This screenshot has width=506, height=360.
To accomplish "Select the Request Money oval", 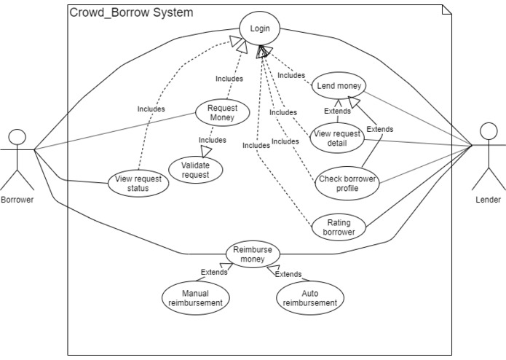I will pyautogui.click(x=222, y=112).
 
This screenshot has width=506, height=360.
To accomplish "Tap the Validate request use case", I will pyautogui.click(x=194, y=170).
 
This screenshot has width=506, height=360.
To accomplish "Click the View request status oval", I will pyautogui.click(x=139, y=183).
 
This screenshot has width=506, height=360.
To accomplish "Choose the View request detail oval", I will pyautogui.click(x=336, y=138).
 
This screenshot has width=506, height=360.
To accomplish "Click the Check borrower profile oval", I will pyautogui.click(x=347, y=182).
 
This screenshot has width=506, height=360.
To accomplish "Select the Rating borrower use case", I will pyautogui.click(x=339, y=227).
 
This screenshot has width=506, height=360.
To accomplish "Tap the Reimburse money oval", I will pyautogui.click(x=253, y=255).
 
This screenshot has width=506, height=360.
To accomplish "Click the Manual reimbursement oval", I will pyautogui.click(x=195, y=297).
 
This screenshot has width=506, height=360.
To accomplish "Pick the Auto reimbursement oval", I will pyautogui.click(x=309, y=297).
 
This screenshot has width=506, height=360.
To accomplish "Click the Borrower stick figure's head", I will pyautogui.click(x=17, y=136).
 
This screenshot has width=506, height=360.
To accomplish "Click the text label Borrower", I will pyautogui.click(x=17, y=199).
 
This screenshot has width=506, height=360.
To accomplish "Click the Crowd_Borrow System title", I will pyautogui.click(x=132, y=12).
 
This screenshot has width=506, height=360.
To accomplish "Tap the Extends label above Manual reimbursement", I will pyautogui.click(x=215, y=273).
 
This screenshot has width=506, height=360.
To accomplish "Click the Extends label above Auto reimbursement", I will pyautogui.click(x=288, y=275).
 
